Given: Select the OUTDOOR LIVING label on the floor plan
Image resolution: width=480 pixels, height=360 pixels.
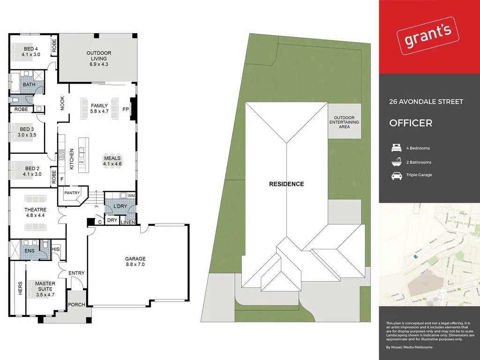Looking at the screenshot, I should coord(98,59).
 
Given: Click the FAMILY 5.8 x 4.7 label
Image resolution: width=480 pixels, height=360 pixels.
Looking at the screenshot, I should coord(99,109).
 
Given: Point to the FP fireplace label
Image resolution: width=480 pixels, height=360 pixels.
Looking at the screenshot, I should coord(125,109).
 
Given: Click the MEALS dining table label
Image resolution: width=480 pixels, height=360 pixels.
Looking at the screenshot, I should coord(112,161).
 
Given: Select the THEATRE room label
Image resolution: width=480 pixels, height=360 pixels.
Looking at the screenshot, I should coord(35,212).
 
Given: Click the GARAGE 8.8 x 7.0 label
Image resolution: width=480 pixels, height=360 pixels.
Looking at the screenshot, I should coord(135,262).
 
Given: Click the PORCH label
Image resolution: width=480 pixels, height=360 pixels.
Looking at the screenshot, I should coord(76,305).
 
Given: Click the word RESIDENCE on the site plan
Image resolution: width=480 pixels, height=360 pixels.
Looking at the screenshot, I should coord(286,184).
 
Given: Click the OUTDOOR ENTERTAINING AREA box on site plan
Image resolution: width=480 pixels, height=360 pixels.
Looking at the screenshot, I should coord(345,122).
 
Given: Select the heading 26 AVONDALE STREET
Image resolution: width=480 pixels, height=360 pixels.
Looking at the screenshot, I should coord(426,102).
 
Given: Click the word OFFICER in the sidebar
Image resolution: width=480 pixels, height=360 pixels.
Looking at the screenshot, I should coord(411,123).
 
